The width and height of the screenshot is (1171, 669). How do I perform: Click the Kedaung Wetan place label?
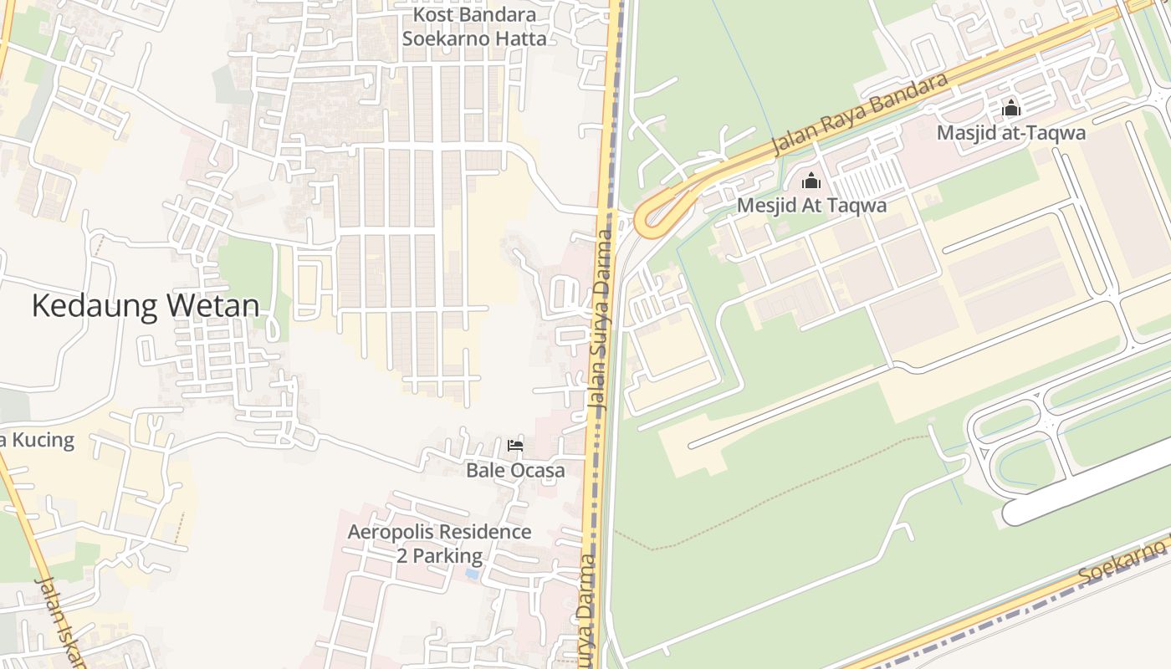click(146, 306)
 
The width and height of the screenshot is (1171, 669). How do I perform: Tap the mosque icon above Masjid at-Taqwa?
click(1011, 108)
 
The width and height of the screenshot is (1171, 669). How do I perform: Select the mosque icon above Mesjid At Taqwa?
click(811, 181)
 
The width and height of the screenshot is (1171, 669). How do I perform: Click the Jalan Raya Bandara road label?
click(862, 114)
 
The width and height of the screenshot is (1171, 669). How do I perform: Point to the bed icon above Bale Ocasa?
click(515, 446)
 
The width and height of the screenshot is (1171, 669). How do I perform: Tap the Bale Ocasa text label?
click(515, 470)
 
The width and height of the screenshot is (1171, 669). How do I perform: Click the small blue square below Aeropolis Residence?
click(473, 575)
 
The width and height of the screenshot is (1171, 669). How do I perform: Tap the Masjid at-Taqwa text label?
click(1010, 133)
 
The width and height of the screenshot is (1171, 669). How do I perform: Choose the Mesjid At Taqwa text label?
click(811, 206)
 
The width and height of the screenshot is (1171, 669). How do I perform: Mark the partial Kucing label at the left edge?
click(38, 440)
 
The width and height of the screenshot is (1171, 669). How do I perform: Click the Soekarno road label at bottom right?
click(1122, 564)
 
